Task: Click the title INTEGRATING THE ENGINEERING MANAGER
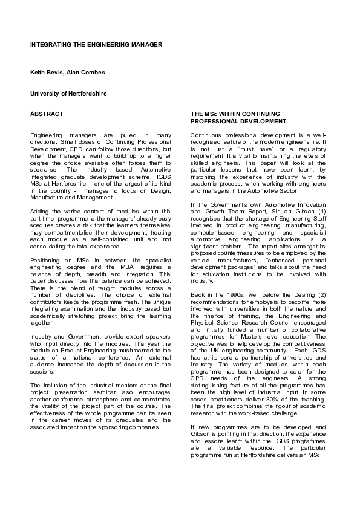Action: coord(96,45)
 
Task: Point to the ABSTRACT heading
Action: coord(47,113)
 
